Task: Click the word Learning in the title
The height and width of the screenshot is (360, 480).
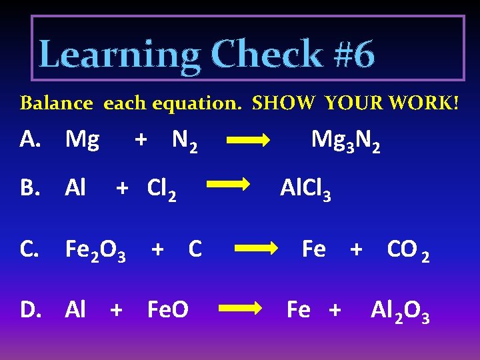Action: click(x=119, y=55)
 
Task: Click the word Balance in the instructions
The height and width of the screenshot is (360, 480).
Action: click(x=57, y=103)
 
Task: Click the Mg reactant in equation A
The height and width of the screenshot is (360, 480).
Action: click(x=82, y=140)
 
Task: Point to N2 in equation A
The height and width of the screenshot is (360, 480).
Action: click(x=184, y=141)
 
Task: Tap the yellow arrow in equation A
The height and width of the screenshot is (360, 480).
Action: click(x=248, y=141)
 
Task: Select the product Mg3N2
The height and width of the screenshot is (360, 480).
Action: click(x=346, y=141)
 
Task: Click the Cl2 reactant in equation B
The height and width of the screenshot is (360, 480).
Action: click(x=161, y=190)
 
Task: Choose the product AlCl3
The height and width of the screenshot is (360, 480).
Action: click(x=305, y=191)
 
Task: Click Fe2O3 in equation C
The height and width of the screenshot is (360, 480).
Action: click(x=95, y=251)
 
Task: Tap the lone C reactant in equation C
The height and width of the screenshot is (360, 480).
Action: click(x=195, y=249)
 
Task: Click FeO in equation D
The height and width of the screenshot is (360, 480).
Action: click(x=167, y=310)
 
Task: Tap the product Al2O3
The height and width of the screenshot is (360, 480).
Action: click(x=400, y=311)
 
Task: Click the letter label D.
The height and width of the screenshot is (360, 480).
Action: click(x=30, y=310)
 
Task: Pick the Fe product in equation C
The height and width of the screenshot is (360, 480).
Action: click(x=313, y=249)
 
